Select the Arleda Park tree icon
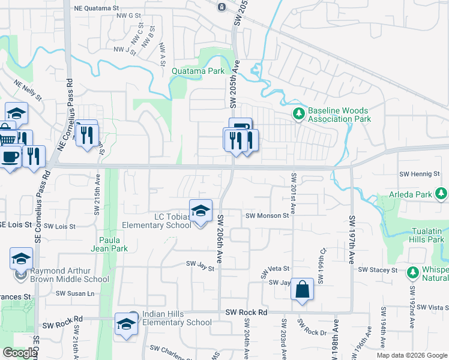[x=442, y=193]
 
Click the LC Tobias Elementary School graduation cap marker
[x=200, y=211]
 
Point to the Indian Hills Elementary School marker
[x=126, y=324]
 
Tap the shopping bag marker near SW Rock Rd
[x=303, y=290]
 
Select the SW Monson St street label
[x=268, y=215]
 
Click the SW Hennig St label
[x=420, y=174]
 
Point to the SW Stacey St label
[x=378, y=271]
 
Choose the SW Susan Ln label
[x=75, y=293]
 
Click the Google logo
[x=19, y=353]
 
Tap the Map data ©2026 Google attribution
[x=412, y=355]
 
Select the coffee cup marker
[x=9, y=157]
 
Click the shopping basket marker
[x=6, y=138]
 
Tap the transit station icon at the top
[x=221, y=7]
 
